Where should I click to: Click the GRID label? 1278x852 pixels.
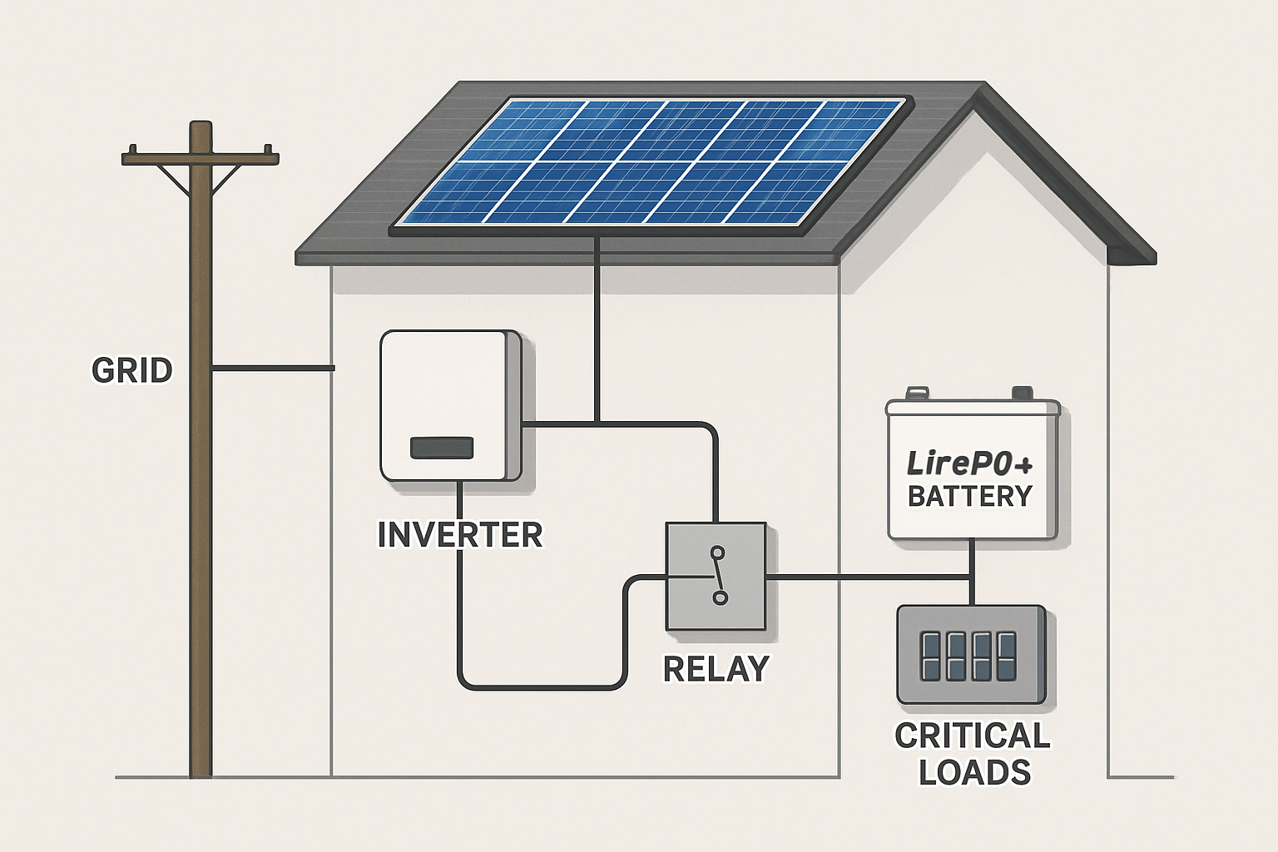(x=131, y=370)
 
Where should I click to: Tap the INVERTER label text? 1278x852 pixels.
(x=459, y=534)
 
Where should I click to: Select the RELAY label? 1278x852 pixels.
(x=716, y=669)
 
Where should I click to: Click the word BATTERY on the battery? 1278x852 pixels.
(x=969, y=497)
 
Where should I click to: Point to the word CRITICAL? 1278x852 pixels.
(x=972, y=736)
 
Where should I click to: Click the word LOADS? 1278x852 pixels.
(x=974, y=773)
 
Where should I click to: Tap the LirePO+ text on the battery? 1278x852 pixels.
(x=968, y=463)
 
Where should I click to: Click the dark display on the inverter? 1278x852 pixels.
(x=442, y=448)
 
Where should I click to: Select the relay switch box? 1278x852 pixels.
(x=716, y=576)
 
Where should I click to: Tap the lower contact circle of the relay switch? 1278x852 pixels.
(x=720, y=597)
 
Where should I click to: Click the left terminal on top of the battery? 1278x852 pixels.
(x=916, y=393)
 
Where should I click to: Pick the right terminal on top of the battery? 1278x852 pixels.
(x=1021, y=393)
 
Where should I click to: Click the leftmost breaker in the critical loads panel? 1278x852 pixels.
(x=930, y=656)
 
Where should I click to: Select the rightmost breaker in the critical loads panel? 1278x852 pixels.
(x=1007, y=656)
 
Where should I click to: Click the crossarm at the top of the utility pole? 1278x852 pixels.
(x=200, y=156)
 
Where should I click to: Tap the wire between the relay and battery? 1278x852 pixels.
(x=865, y=576)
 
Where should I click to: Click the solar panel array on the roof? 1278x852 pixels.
(x=649, y=162)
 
